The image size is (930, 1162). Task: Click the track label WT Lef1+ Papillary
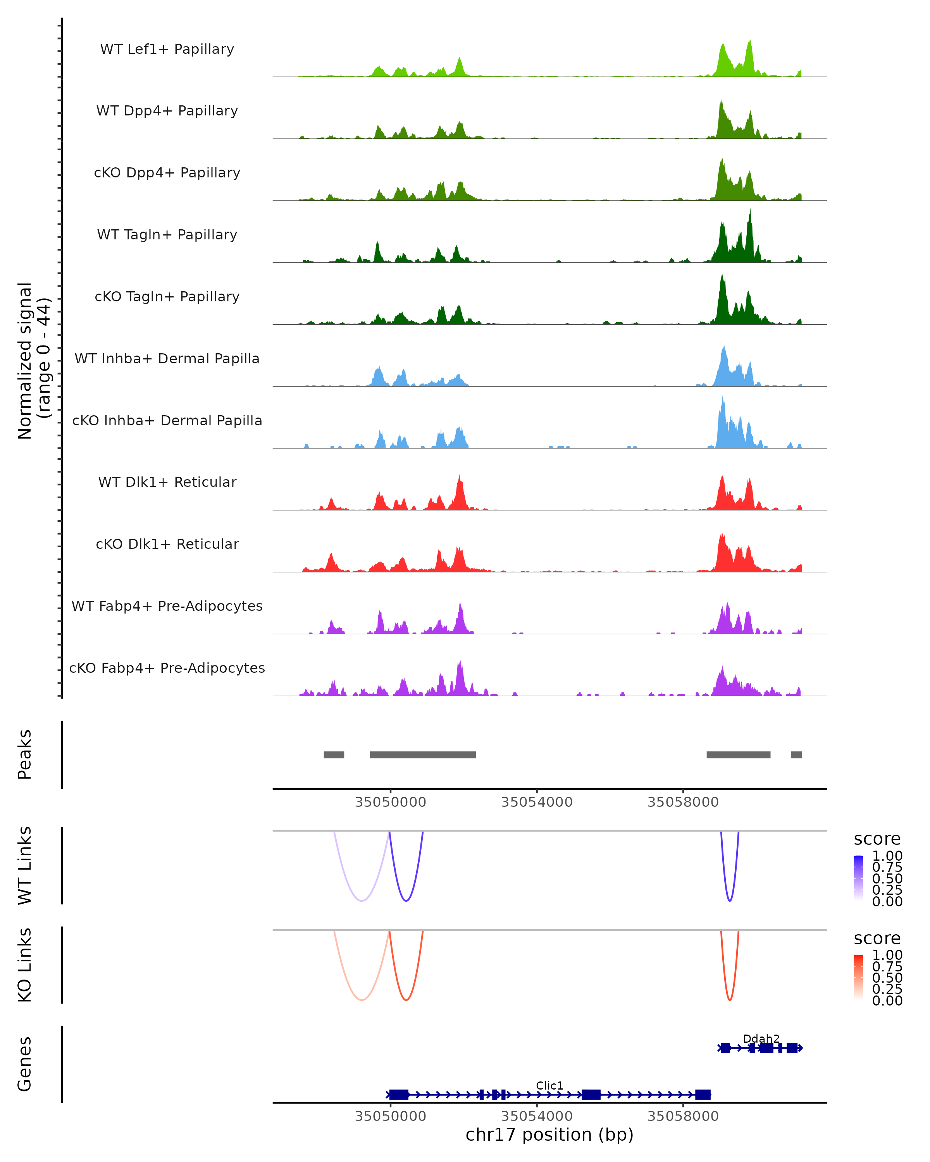pos(167,49)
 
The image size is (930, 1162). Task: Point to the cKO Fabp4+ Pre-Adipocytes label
pos(167,668)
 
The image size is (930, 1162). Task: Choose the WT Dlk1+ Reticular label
pos(167,482)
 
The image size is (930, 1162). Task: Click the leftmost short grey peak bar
pos(334,755)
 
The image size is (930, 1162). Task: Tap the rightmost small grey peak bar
pos(796,755)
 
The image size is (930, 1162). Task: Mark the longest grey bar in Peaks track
pos(423,755)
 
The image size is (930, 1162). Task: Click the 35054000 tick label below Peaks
pos(536,802)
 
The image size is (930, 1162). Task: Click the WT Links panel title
pos(25,866)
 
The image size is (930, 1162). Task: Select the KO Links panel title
pos(25,965)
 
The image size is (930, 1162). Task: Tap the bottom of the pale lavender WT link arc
pos(362,901)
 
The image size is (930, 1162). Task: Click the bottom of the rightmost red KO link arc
pos(729,1000)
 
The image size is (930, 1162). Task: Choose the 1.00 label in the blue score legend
pos(887,856)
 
